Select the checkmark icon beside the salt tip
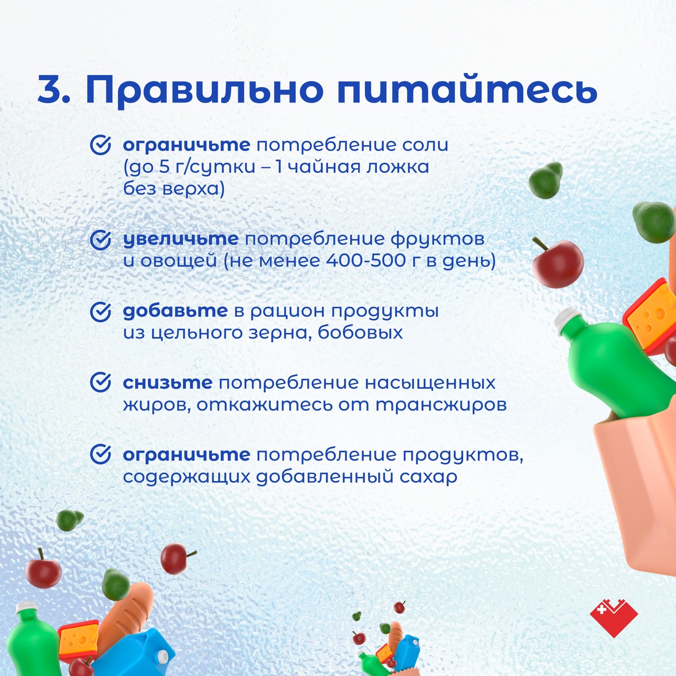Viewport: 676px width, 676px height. pos(101,145)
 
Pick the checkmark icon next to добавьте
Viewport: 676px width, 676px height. pos(101,312)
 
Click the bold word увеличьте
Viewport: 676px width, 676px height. pos(181,239)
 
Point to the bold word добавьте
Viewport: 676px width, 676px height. pos(175,311)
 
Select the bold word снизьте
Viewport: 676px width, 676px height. pos(167,382)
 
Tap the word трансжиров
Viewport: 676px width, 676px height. pos(442,405)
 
